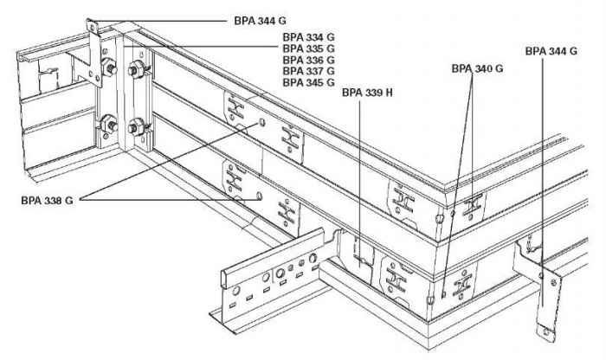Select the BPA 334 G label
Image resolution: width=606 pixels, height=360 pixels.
[308, 38]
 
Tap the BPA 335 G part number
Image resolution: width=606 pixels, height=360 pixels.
[308, 49]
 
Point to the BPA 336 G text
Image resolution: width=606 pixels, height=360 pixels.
[308, 61]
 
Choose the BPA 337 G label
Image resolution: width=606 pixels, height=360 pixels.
[308, 72]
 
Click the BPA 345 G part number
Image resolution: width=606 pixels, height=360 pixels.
[308, 83]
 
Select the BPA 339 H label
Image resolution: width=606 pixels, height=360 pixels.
[368, 91]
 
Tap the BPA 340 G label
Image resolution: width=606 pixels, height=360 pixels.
[477, 67]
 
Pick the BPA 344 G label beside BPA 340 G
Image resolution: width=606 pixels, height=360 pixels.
[551, 51]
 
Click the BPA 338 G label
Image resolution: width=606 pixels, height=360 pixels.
[47, 201]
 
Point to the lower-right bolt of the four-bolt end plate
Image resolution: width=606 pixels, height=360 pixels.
[135, 127]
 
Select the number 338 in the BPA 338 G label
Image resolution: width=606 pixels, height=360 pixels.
[53, 201]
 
